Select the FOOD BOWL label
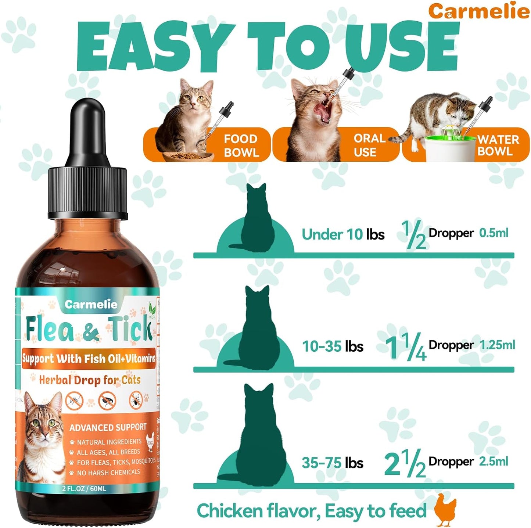coord(241,146)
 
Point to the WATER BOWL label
coord(498,145)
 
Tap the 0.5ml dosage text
coord(494,233)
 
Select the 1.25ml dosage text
coord(497,345)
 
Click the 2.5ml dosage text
coord(494,461)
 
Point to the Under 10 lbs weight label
coord(343,234)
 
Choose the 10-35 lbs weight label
coord(333,346)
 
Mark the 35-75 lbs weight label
coord(332,463)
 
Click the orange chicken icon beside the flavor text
coord(445,510)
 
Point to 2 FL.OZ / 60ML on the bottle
coord(84,489)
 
